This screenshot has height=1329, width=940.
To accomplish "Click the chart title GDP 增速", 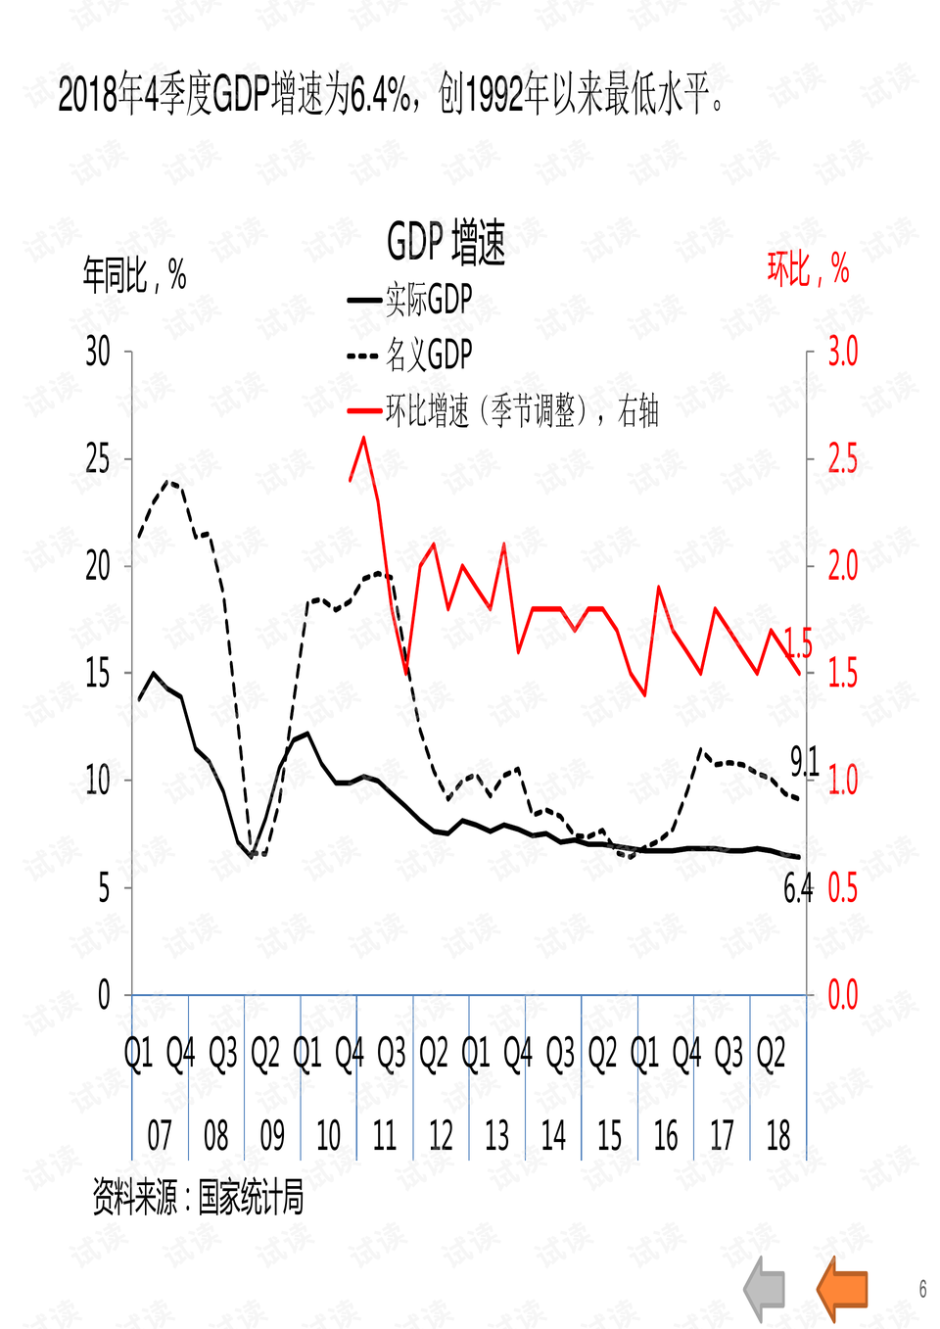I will coord(446,243).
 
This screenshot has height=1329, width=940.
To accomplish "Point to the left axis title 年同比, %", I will coord(134,275).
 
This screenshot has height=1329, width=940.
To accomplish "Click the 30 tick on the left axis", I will coord(98,351).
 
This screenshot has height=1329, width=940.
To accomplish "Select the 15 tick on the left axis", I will coord(98,673).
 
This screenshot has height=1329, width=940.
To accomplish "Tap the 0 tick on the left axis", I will coord(104,995).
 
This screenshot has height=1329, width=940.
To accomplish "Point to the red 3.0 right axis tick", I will coord(842,351).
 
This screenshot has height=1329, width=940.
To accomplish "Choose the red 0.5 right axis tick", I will coord(842,887).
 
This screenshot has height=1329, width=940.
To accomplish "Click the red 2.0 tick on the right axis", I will coord(842,565).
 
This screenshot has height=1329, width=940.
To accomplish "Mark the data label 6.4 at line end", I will coord(798,888).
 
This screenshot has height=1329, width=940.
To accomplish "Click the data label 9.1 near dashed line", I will coord(804,761).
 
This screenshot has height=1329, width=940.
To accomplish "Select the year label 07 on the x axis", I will coord(160,1136).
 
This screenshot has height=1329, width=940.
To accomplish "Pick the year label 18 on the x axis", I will coord(778,1136).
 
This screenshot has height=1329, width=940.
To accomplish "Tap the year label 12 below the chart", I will coord(441,1136).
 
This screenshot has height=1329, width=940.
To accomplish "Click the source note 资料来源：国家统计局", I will coord(198,1197).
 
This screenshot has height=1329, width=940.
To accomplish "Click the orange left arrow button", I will coord(842,1287).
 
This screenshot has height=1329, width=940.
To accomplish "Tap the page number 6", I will coord(922,1289).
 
